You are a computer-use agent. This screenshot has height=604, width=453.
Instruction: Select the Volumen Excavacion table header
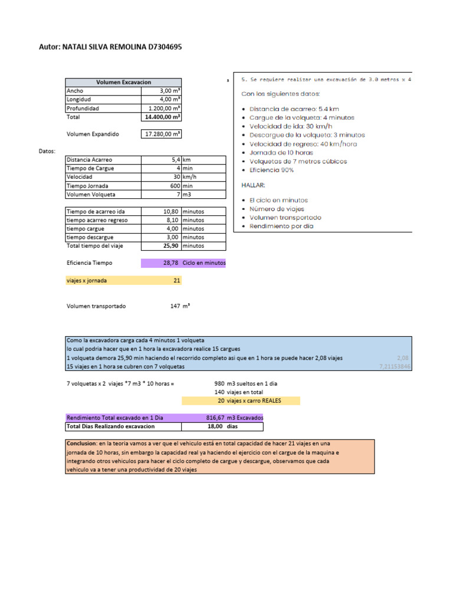coord(123,83)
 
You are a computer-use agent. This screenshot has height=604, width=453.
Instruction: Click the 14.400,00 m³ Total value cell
coord(163,117)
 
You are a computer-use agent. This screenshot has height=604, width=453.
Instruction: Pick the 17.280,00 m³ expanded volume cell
coord(163,134)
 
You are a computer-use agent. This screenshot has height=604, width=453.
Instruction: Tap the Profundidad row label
coord(83,109)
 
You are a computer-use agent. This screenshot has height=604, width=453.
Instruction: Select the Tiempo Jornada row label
coord(87,185)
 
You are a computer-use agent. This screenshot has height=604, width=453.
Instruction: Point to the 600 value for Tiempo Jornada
coord(173,185)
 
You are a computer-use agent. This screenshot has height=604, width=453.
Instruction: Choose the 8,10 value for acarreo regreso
coord(170,220)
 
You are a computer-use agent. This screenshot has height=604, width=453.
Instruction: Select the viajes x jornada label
coord(87,281)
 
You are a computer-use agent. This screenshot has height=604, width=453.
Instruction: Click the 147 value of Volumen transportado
coord(175,306)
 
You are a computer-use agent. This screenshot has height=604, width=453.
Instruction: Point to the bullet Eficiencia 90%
coord(271,170)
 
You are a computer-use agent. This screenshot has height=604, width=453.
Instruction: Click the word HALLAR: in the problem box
coord(254,185)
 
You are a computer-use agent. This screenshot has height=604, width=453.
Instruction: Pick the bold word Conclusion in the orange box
coord(81,444)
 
